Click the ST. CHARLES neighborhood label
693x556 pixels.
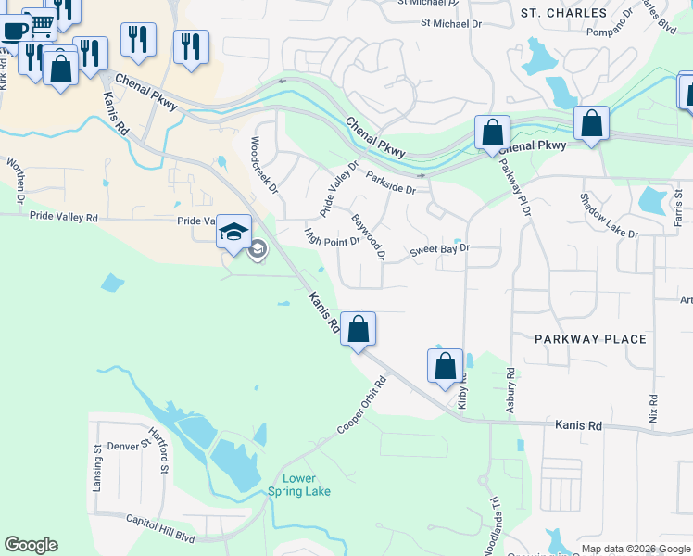pyautogui.click(x=563, y=13)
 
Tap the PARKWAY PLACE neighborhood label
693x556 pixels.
pyautogui.click(x=590, y=339)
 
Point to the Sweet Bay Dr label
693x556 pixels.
pyautogui.click(x=440, y=250)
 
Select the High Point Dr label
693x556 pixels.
pyautogui.click(x=332, y=240)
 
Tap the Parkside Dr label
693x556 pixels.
pyautogui.click(x=391, y=182)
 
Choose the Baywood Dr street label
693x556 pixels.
pyautogui.click(x=367, y=238)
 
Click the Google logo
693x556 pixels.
pyautogui.click(x=31, y=545)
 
